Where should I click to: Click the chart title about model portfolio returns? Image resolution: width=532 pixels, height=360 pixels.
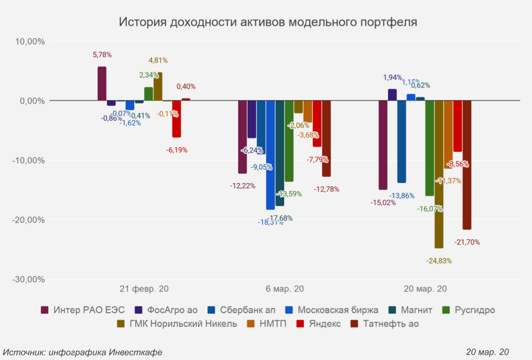(268, 23)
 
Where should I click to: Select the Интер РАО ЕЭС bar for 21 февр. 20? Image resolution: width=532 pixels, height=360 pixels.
(102, 84)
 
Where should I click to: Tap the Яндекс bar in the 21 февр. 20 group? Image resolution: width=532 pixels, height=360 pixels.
(176, 119)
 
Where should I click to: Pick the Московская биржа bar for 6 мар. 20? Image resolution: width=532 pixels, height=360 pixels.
(270, 155)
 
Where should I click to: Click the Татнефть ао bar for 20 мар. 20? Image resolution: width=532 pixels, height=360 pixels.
(467, 165)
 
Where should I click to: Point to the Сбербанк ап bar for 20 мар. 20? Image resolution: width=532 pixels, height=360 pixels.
(401, 142)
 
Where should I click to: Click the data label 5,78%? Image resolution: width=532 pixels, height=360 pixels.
(102, 55)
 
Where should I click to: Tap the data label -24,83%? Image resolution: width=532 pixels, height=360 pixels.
(439, 261)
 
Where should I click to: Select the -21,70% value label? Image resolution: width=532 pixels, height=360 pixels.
(467, 242)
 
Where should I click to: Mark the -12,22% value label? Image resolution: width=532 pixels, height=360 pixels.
(242, 186)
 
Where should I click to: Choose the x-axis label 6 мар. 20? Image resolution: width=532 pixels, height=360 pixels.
(285, 289)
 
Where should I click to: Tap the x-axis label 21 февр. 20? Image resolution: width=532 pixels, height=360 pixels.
(144, 289)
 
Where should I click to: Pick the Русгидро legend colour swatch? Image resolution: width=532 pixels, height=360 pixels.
(446, 310)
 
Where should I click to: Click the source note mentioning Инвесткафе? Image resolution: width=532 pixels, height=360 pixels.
(83, 352)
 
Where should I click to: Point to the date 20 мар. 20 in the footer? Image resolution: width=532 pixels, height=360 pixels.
(487, 352)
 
